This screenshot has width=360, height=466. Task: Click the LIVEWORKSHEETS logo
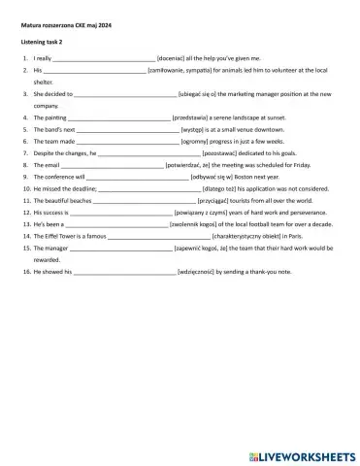click(x=305, y=453)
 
